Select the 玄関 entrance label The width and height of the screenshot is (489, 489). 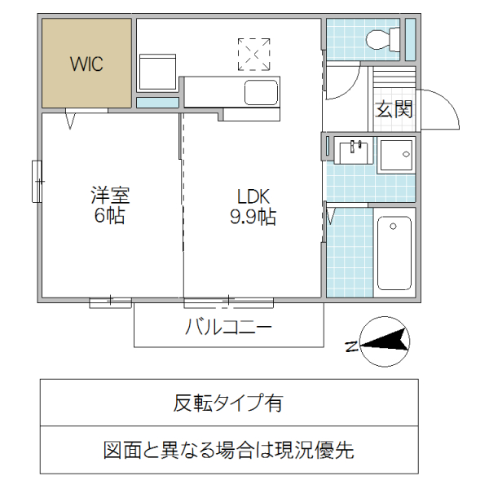pos(394,109)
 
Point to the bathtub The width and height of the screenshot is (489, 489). pos(395,252)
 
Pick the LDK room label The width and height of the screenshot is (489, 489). pos(253,196)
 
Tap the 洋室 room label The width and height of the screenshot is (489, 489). pos(110,196)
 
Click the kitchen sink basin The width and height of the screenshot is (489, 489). pos(261,93)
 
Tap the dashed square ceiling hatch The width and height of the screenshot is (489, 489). pos(253,54)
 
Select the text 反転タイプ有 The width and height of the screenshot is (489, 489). pos(228,403)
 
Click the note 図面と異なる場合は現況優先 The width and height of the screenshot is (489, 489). pos(228,449)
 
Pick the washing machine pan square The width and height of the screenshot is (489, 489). pos(397,155)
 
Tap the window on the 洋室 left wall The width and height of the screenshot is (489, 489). pos(37,181)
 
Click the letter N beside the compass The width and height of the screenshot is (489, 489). pos(350,347)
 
